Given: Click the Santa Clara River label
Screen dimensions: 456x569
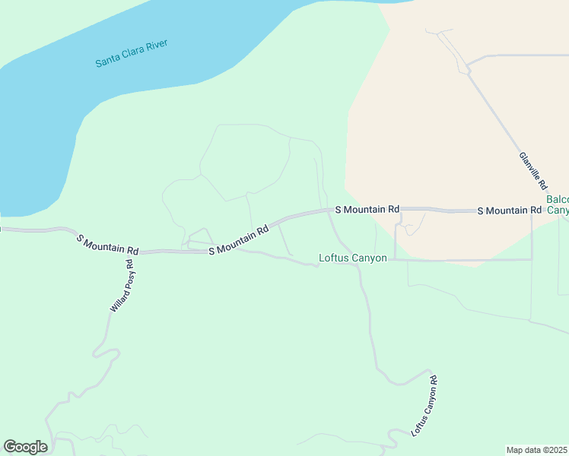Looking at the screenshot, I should click(x=132, y=52).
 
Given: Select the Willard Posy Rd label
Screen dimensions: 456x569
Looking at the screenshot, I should click(x=122, y=287).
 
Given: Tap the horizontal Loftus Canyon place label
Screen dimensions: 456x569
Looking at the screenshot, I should click(x=353, y=258).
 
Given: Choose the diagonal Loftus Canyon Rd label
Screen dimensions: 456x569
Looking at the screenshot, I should click(x=424, y=406).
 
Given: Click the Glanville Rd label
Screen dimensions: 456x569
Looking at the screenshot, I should click(x=533, y=169).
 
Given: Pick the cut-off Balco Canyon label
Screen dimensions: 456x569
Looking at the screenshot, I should click(x=558, y=204).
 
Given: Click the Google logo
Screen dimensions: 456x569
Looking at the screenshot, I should click(x=25, y=447).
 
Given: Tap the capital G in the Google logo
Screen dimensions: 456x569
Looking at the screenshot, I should click(x=10, y=447).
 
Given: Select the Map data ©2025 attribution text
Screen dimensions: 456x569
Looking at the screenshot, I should click(x=536, y=450).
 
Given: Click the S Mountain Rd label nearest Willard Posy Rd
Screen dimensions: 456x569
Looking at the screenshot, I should click(x=108, y=245).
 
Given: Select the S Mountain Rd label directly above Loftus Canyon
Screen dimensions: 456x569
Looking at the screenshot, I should click(x=367, y=209).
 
